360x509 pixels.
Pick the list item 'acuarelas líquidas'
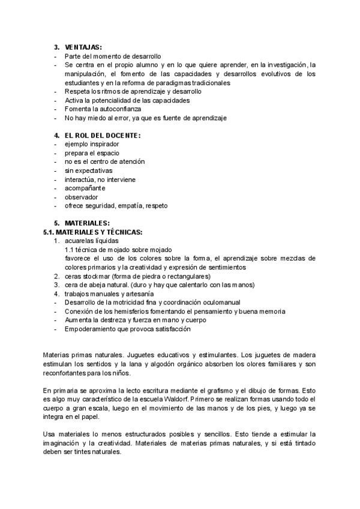click(92, 241)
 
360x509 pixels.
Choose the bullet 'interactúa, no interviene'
click(100, 179)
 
